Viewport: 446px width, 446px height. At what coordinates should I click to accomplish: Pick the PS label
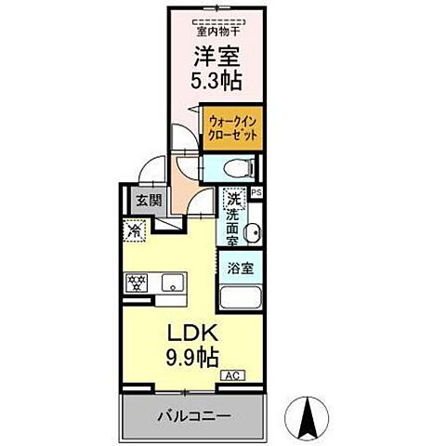(256, 191)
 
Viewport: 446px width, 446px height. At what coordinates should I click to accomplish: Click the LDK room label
(191, 332)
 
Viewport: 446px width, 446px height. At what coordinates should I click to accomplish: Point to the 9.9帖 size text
(191, 357)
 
